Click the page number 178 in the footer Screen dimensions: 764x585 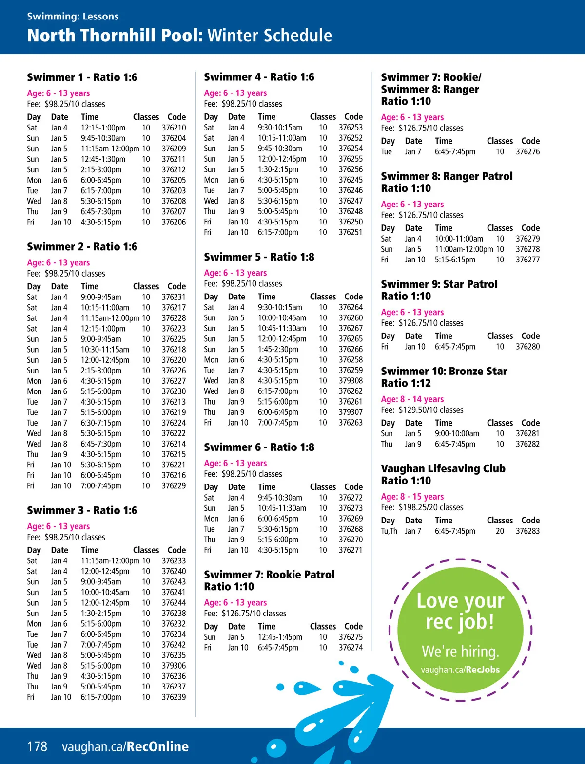click(37, 746)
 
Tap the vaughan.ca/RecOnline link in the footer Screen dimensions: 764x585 click(125, 746)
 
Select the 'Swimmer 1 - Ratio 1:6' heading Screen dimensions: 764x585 click(82, 77)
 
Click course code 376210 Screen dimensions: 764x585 click(174, 128)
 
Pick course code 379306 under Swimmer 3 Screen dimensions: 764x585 click(174, 666)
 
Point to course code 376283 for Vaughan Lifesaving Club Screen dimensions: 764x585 click(527, 531)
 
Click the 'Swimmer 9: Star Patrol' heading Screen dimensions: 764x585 click(439, 284)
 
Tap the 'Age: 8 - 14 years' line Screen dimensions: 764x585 click(412, 399)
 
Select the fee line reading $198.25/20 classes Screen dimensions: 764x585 click(422, 507)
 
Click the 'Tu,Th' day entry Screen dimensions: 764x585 click(389, 531)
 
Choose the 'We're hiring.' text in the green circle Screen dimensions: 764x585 click(460, 651)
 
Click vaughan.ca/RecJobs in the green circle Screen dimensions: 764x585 click(460, 670)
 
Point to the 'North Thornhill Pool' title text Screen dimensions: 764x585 click(115, 36)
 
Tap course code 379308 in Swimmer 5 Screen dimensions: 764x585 click(351, 381)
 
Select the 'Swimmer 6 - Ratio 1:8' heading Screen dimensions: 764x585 click(259, 447)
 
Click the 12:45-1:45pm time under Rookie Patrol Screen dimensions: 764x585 click(280, 637)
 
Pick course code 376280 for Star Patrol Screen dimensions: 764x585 click(527, 347)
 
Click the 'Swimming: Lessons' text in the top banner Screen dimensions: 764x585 click(73, 16)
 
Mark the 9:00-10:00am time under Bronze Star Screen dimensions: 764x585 click(457, 433)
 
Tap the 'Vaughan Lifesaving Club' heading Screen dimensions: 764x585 click(443, 468)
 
